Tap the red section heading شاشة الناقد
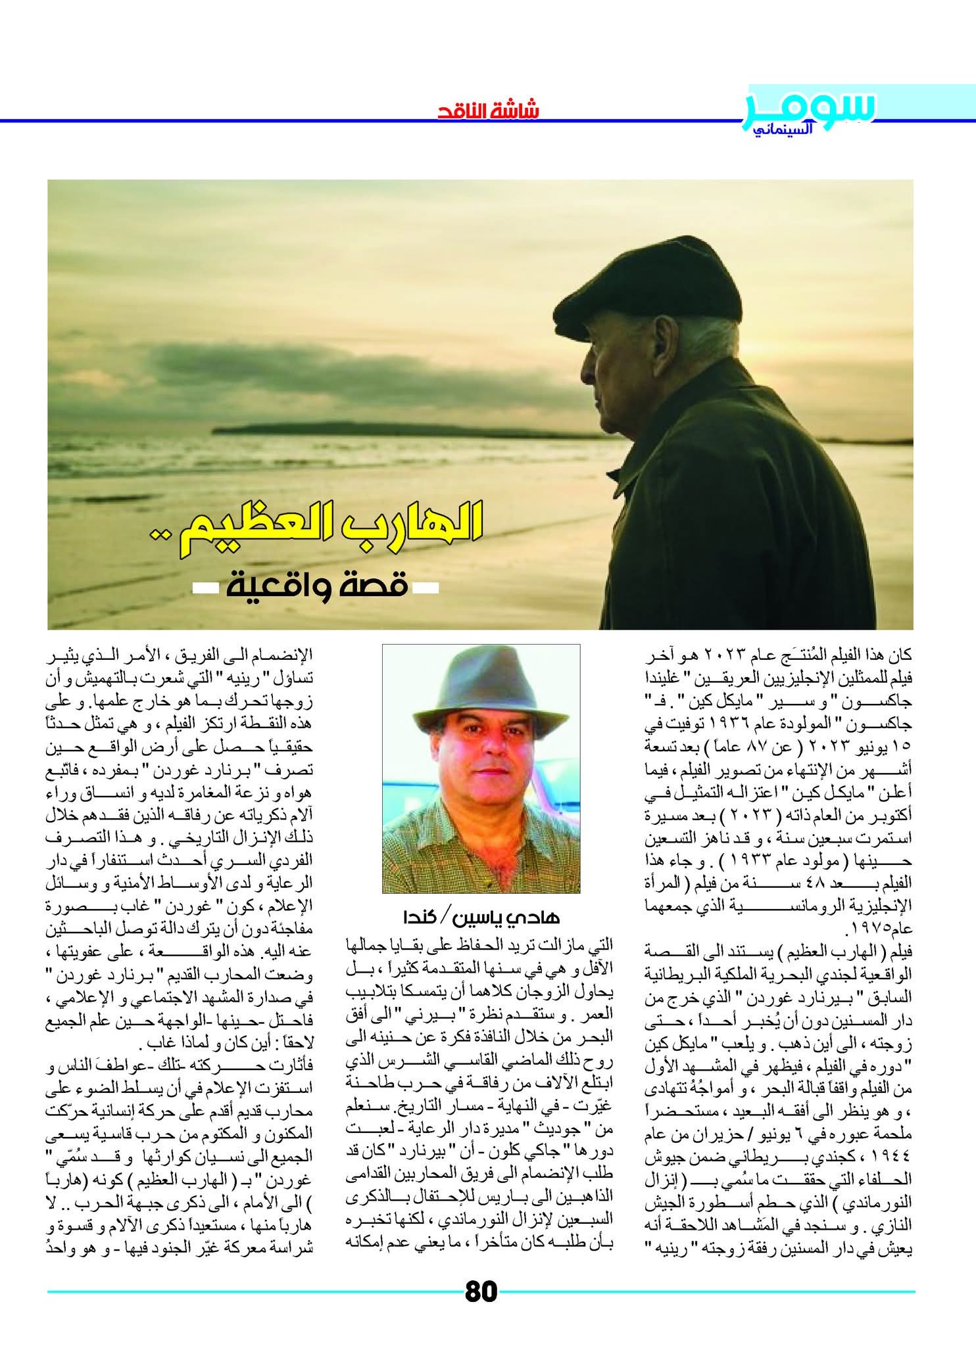point(488,108)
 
